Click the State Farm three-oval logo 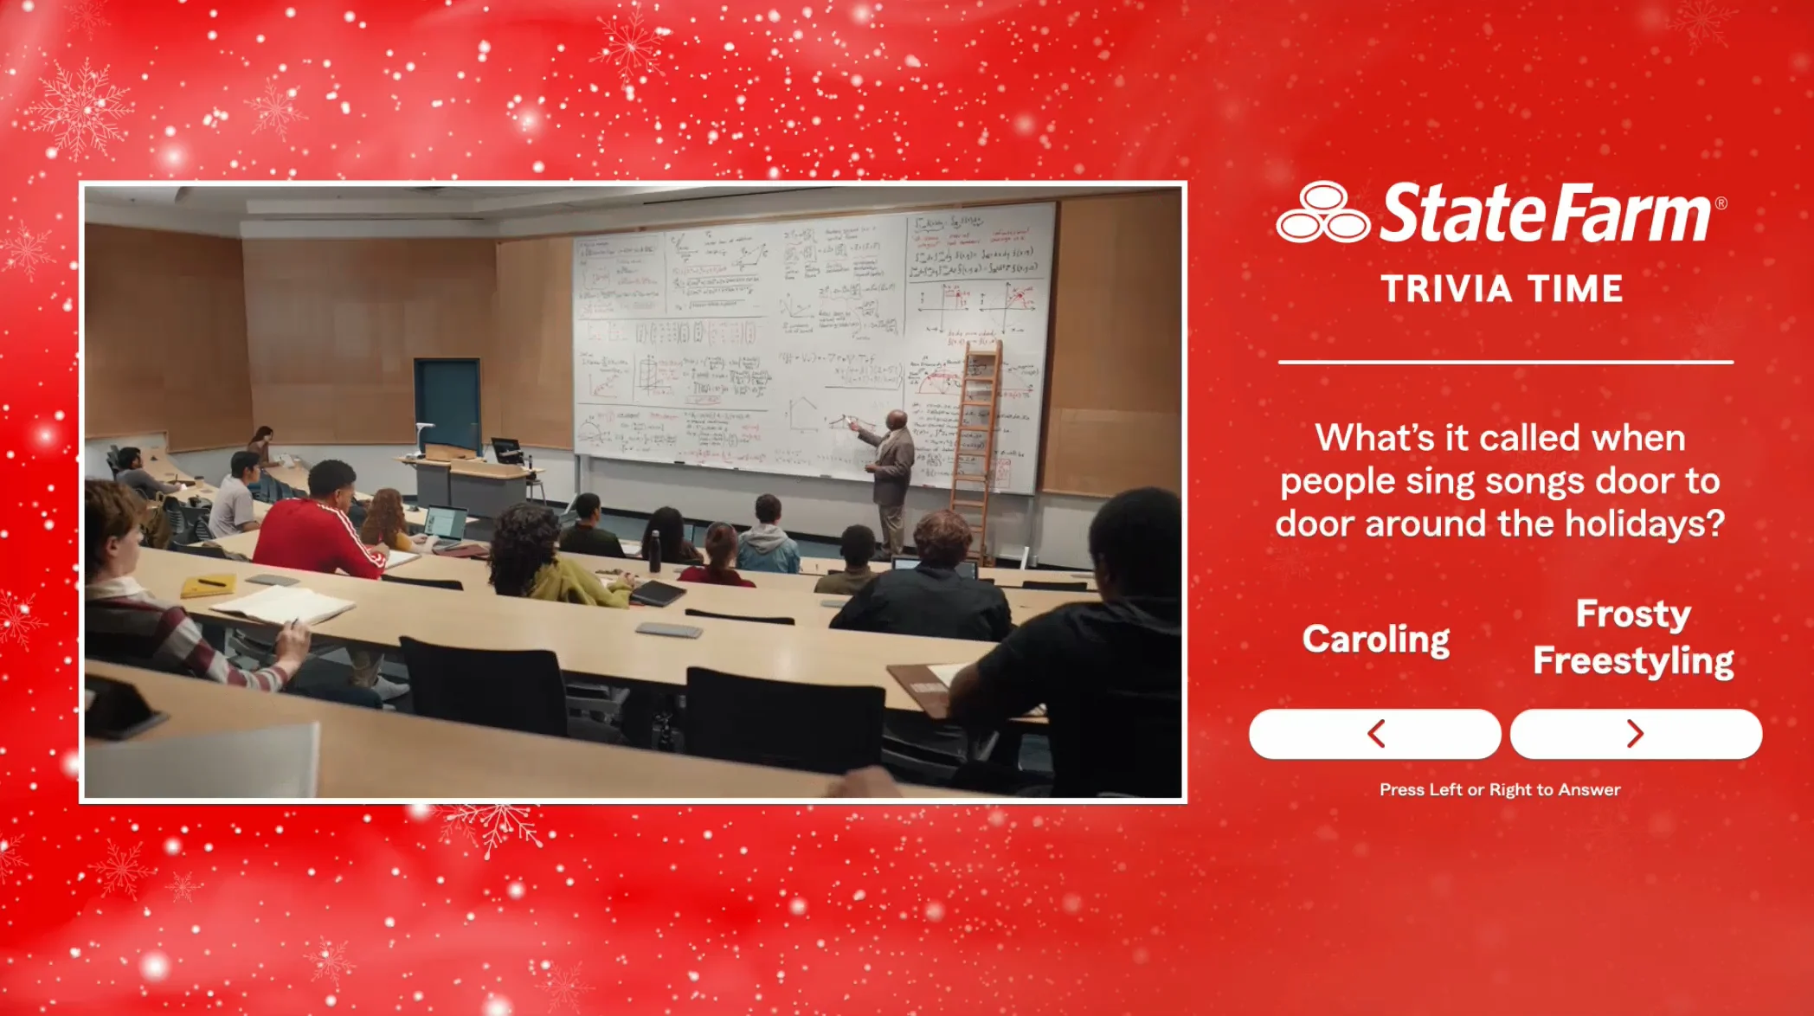(1322, 213)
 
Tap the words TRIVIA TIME (1502, 289)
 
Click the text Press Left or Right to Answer (1500, 789)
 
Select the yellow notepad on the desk (208, 586)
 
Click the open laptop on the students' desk (447, 526)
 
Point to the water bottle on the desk (655, 554)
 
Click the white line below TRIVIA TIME (1505, 362)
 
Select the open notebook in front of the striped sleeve (282, 603)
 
